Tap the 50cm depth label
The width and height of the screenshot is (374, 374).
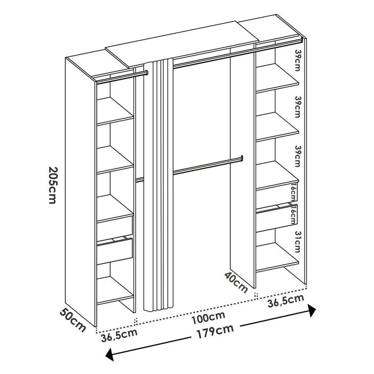72,320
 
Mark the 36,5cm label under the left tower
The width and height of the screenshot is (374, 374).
116,338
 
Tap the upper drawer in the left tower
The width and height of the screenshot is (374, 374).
115,226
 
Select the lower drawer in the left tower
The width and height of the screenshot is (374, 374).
115,250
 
